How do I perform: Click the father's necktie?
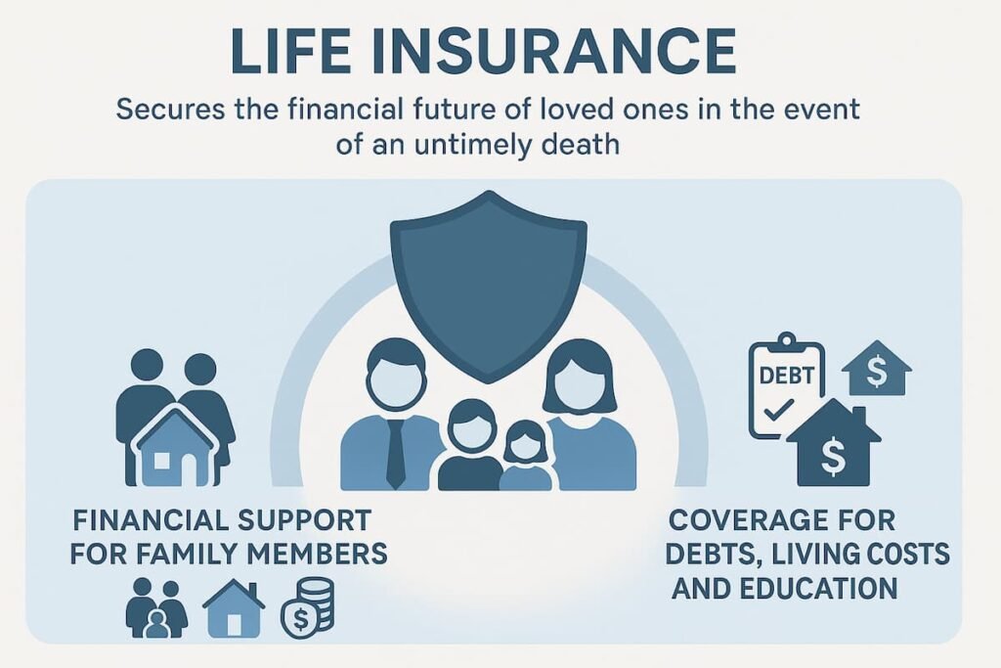pos(395,453)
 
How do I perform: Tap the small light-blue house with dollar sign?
pos(876,369)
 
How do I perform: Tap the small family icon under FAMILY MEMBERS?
pos(156,608)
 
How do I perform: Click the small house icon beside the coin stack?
pos(233,608)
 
